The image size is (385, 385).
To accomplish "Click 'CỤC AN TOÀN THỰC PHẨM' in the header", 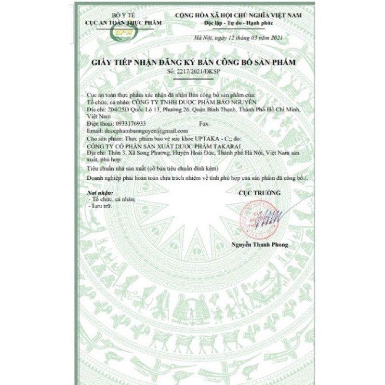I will click(123, 22).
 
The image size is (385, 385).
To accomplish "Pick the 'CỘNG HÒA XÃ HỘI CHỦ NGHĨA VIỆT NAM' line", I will click(239, 16).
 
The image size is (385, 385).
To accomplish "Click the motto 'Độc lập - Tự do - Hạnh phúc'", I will click(239, 23).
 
